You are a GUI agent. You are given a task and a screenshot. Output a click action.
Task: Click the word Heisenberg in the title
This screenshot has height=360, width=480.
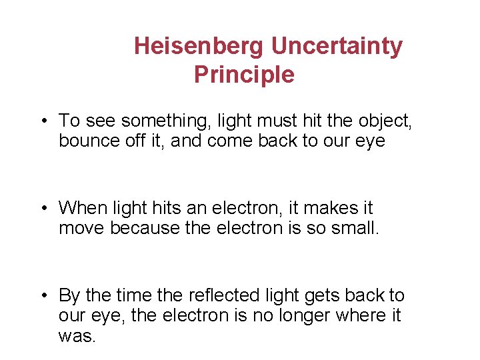(x=199, y=47)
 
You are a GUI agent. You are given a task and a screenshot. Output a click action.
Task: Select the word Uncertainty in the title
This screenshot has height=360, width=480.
(x=337, y=47)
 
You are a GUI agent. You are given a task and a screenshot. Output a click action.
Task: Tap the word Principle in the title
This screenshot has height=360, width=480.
(x=244, y=75)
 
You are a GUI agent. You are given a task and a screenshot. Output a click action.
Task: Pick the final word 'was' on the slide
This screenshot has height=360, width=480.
(x=76, y=336)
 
